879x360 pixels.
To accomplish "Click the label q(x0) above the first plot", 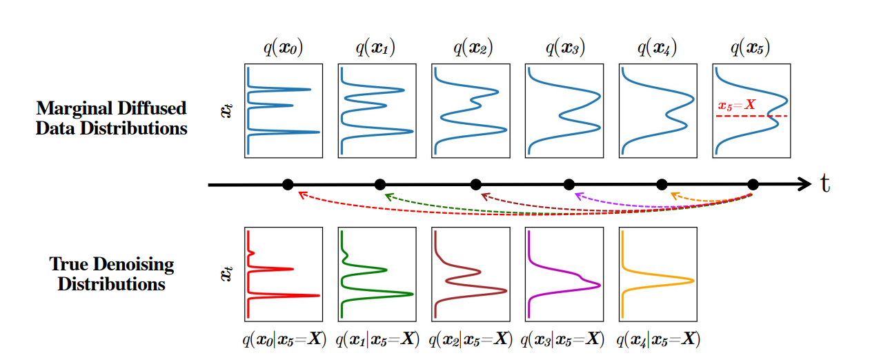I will pyautogui.click(x=284, y=48).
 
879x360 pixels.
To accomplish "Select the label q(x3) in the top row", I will pyautogui.click(x=564, y=48).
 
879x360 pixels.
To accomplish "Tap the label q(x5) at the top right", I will pyautogui.click(x=751, y=48).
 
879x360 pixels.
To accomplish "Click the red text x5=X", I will pyautogui.click(x=738, y=106).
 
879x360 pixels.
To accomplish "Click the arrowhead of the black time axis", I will pyautogui.click(x=804, y=184).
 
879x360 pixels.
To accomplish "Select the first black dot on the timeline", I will pyautogui.click(x=288, y=184).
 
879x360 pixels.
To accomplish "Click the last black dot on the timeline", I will pyautogui.click(x=753, y=184).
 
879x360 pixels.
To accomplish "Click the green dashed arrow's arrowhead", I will pyautogui.click(x=388, y=196).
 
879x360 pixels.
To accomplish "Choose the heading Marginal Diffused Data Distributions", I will pyautogui.click(x=111, y=118).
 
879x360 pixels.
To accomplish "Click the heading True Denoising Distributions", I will pyautogui.click(x=111, y=274).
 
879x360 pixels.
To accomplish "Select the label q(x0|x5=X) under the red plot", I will pyautogui.click(x=284, y=339).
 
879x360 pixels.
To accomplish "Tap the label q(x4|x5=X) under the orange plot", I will pyautogui.click(x=658, y=339).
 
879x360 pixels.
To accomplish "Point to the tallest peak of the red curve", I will pyautogui.click(x=319, y=295).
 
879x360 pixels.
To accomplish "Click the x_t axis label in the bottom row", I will pyautogui.click(x=226, y=274).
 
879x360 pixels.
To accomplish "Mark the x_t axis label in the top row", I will pyautogui.click(x=226, y=110).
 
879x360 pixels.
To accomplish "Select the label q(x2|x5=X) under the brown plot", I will pyautogui.click(x=471, y=339).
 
